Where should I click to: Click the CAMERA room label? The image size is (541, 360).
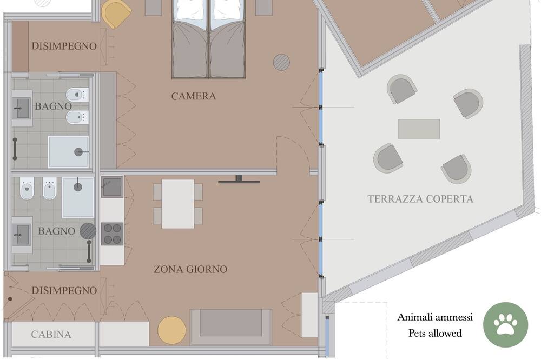194,96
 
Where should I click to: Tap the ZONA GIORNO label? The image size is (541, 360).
190,269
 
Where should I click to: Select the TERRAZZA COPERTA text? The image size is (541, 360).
420,199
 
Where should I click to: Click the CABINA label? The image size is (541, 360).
51,335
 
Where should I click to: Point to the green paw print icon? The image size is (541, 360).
505,324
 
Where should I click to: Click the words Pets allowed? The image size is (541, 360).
435,333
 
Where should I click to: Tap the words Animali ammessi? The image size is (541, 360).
435,317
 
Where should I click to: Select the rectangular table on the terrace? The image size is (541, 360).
419,129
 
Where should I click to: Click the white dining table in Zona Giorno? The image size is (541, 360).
177,204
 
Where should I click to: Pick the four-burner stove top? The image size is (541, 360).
112,234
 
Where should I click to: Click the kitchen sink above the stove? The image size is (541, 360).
112,187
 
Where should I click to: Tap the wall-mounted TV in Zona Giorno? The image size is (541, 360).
239,179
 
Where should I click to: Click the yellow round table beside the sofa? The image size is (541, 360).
172,330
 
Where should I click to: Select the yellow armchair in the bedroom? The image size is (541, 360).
116,14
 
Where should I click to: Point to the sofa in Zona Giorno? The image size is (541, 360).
231,327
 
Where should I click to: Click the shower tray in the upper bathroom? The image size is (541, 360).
68,152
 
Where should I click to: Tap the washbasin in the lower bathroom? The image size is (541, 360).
22,235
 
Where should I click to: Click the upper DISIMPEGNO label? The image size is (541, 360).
64,46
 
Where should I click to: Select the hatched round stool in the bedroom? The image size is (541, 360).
281,62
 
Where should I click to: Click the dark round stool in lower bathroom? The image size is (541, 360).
88,231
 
